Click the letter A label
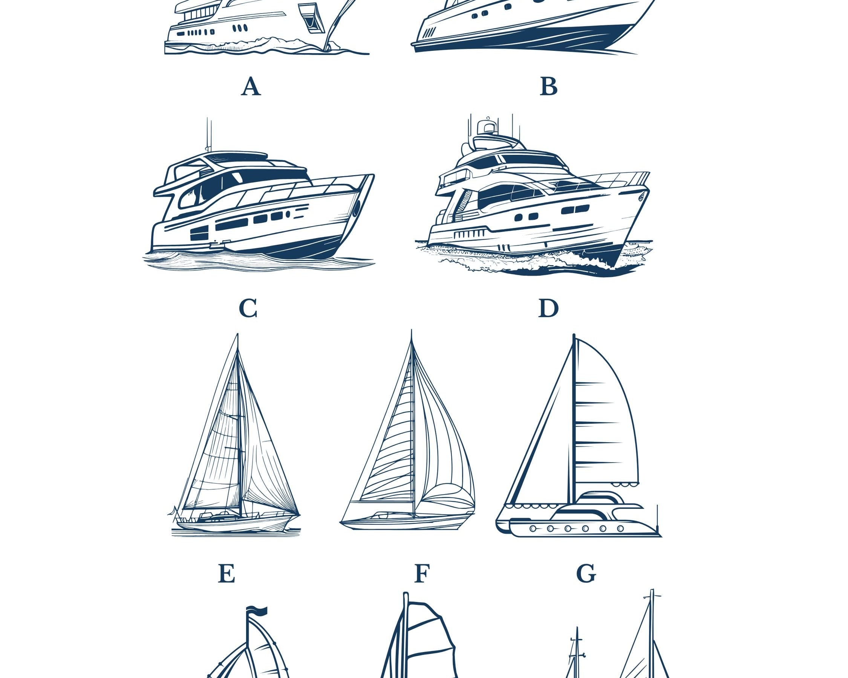coord(251,87)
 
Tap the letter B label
coord(549,87)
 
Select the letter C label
coord(248,308)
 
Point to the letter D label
coord(548,308)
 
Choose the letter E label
coord(227,574)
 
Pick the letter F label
coord(422,574)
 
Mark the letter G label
coord(586,574)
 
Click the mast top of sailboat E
coord(237,335)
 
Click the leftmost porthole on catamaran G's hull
coord(533,528)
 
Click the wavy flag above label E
coord(257,611)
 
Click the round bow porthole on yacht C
coord(357,208)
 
